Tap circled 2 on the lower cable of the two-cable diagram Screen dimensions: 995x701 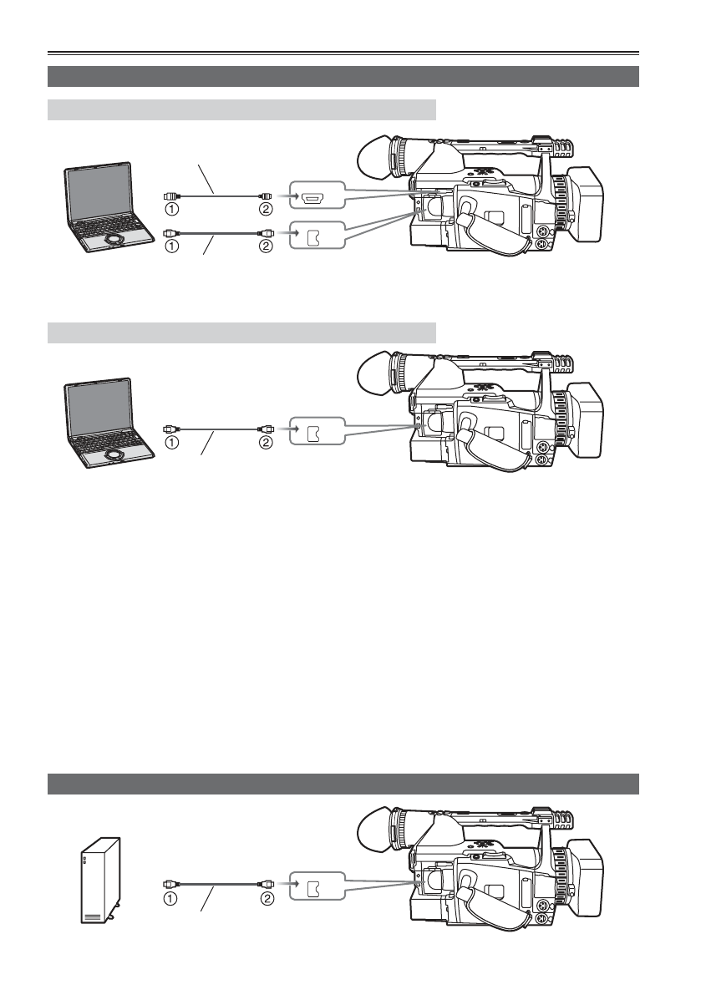(267, 247)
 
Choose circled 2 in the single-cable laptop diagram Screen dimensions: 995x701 (267, 444)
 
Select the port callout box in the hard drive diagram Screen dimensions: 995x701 (315, 882)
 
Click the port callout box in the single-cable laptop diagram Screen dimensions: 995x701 (315, 432)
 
